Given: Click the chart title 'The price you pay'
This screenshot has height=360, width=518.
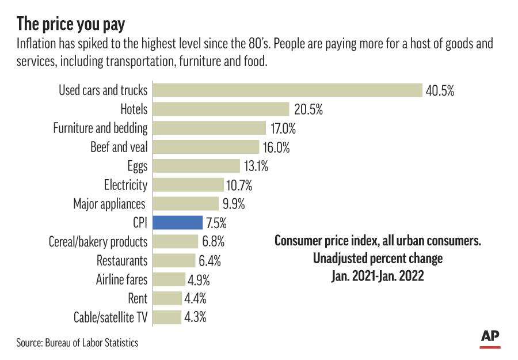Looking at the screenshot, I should click(71, 24).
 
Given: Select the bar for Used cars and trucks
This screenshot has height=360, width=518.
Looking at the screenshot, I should click(287, 90).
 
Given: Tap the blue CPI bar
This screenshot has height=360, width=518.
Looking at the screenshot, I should click(178, 222).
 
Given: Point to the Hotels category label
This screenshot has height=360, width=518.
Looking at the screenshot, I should click(134, 109).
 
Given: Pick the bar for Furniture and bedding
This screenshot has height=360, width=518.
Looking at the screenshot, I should click(209, 128).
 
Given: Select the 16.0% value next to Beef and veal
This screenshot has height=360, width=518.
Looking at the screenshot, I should click(276, 147).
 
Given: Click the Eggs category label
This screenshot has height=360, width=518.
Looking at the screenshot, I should click(137, 166).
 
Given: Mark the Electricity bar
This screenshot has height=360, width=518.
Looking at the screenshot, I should click(188, 185).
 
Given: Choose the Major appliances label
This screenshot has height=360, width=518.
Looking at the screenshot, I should click(110, 204).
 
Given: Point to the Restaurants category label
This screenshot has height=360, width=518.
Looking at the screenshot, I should click(121, 260).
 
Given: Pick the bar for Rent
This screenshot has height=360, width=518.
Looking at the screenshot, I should click(167, 298).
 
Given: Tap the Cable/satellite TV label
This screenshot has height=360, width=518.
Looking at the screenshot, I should click(111, 317).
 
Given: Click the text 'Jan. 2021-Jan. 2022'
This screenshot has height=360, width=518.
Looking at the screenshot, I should click(378, 276).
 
